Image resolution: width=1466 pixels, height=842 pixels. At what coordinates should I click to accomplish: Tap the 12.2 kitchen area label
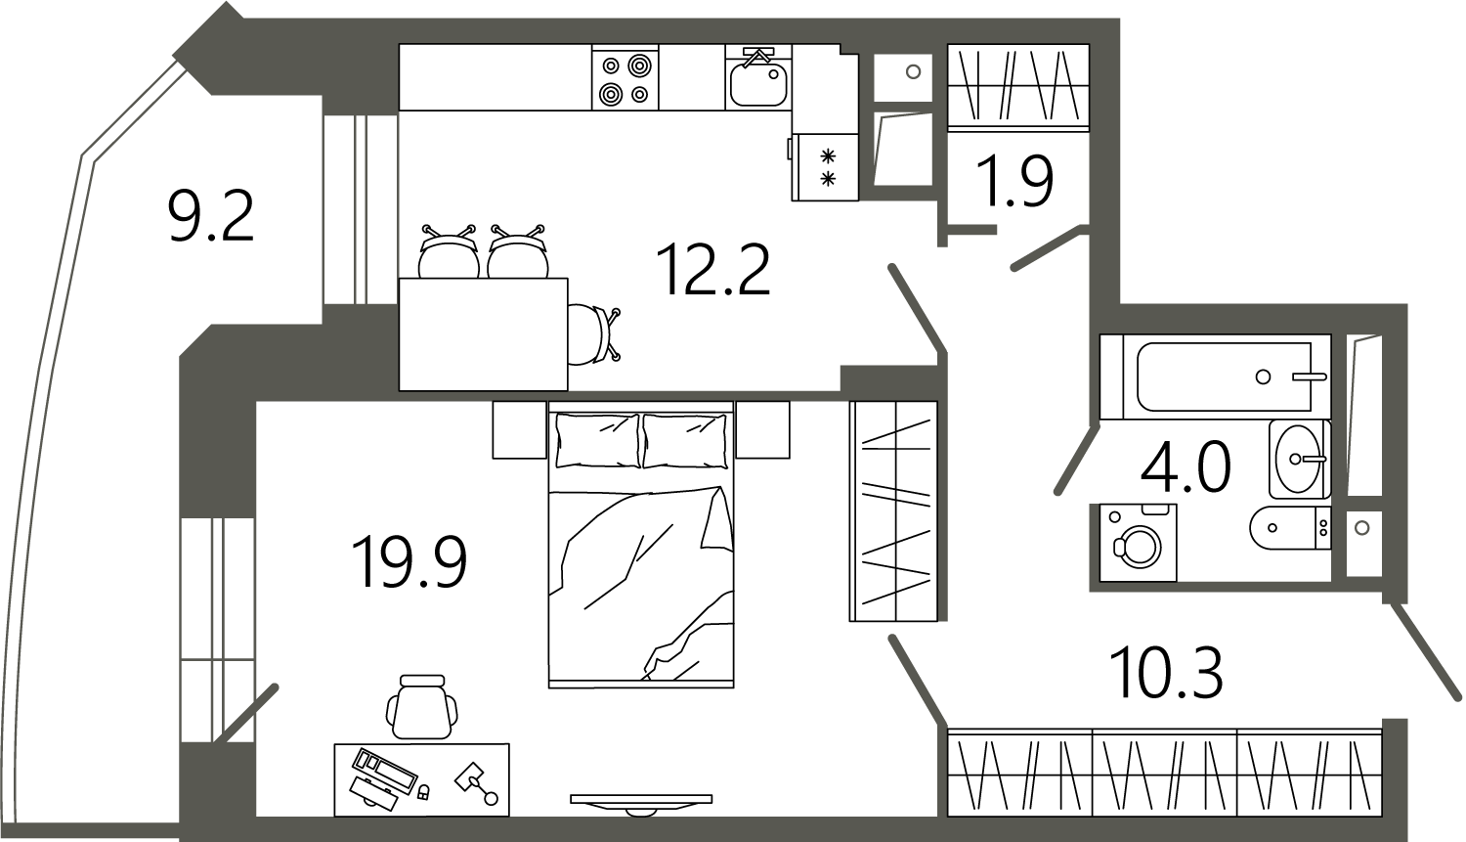[715, 269]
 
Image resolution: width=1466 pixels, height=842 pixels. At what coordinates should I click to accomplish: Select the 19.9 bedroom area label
[410, 561]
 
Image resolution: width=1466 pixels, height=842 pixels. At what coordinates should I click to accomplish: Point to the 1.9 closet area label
[1014, 181]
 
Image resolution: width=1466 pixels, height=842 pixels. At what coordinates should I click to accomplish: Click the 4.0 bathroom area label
[1186, 466]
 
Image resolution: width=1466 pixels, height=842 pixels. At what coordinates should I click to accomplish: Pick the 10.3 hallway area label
[1166, 672]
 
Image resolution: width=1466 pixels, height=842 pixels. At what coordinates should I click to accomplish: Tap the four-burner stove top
[625, 77]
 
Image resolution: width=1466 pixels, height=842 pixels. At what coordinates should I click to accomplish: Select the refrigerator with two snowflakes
[825, 167]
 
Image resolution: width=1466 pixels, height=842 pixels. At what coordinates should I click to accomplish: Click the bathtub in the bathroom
[1216, 377]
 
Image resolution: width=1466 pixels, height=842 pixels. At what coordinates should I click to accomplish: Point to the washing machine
[1139, 543]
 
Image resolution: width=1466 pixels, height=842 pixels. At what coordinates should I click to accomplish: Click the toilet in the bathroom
[1290, 528]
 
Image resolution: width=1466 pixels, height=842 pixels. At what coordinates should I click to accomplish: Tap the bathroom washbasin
[1300, 460]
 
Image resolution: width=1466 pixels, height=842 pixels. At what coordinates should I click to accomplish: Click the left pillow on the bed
[597, 441]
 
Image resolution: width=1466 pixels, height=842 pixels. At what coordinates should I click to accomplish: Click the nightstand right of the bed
[762, 429]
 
